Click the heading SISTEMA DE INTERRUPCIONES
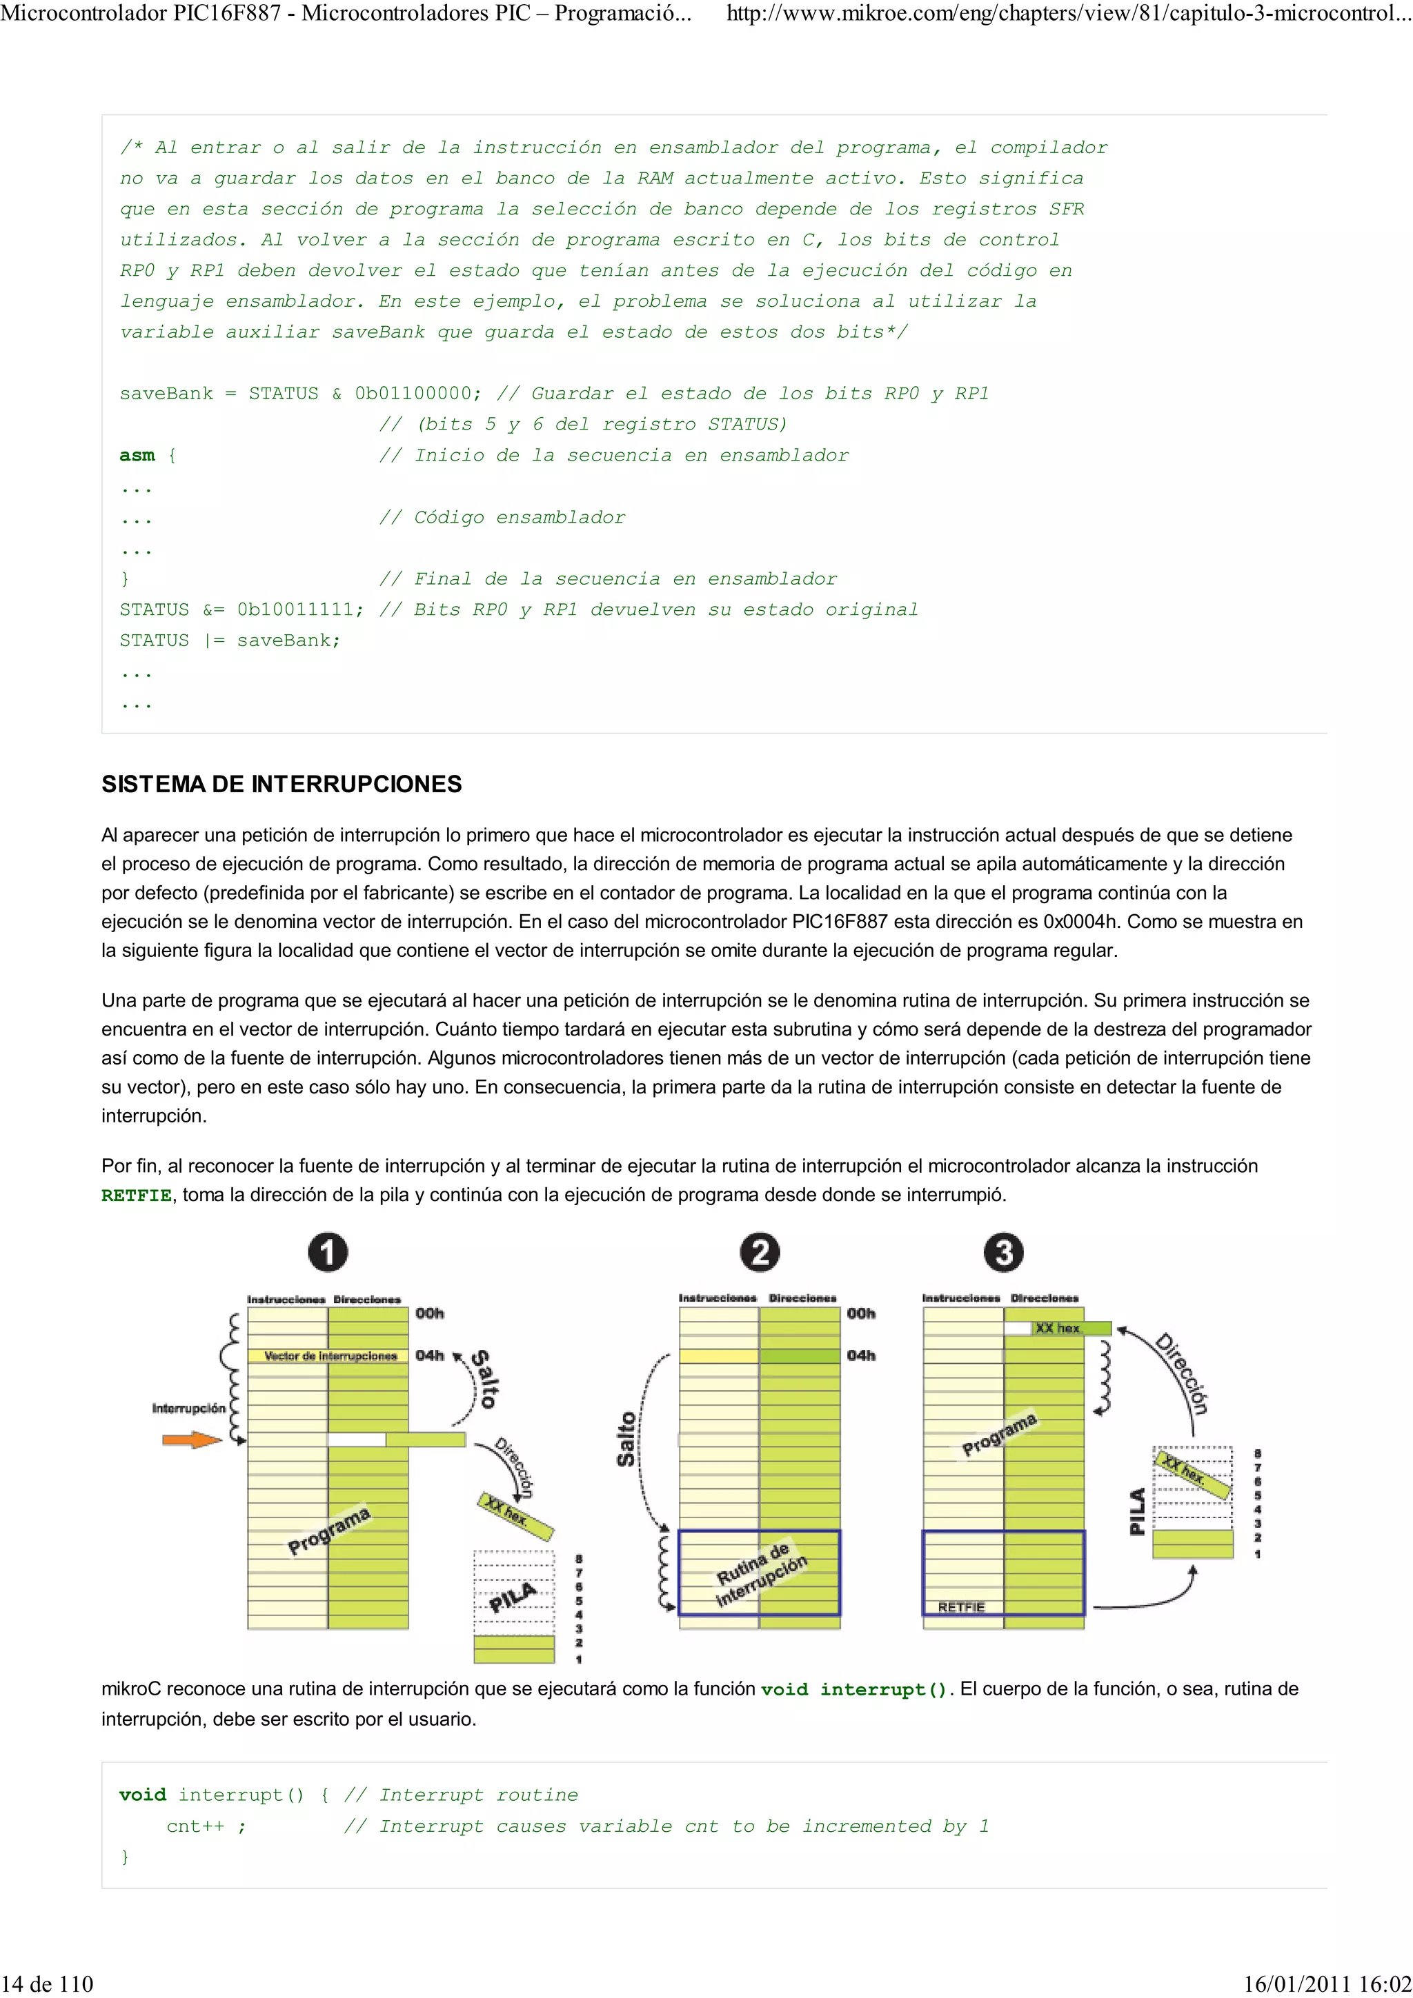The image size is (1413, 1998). [281, 784]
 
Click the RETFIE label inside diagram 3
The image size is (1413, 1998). [961, 1607]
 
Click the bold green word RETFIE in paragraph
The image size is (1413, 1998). [136, 1195]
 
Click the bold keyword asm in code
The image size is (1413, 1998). [137, 455]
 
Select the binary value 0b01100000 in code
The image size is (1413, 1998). [417, 394]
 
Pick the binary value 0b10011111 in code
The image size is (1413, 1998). [300, 609]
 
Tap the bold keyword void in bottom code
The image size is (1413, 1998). [142, 1795]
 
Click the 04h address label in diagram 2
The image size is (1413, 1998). [861, 1355]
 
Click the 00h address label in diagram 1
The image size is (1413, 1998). [429, 1313]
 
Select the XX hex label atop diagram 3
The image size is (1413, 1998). [1058, 1328]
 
